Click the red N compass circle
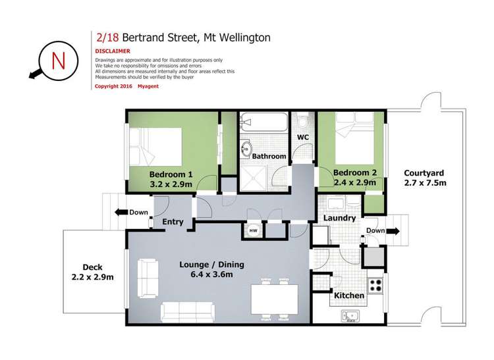pyautogui.click(x=57, y=61)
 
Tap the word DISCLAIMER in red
pyautogui.click(x=112, y=50)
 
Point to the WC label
pyautogui.click(x=303, y=138)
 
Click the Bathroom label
pyautogui.click(x=269, y=156)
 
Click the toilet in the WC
pyautogui.click(x=304, y=122)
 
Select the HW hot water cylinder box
pyautogui.click(x=253, y=230)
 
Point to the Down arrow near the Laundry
pyautogui.click(x=381, y=231)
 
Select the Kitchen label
pyautogui.click(x=349, y=296)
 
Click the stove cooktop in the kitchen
pyautogui.click(x=375, y=286)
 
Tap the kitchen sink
pyautogui.click(x=348, y=317)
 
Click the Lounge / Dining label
pyautogui.click(x=211, y=265)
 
